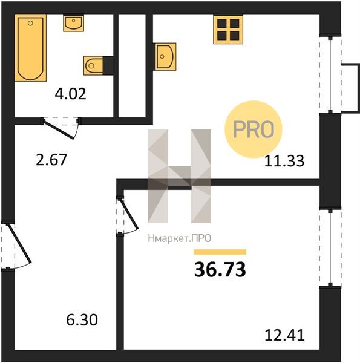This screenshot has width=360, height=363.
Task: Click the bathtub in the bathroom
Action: (x=31, y=48)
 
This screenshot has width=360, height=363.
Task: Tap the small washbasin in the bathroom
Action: (x=73, y=23)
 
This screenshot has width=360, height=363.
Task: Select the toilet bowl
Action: (x=93, y=66)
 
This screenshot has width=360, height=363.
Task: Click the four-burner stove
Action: (x=228, y=30)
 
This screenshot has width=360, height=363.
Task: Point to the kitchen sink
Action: (x=165, y=56)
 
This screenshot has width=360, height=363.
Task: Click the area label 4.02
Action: (x=70, y=94)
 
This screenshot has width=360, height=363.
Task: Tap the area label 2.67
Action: (x=51, y=160)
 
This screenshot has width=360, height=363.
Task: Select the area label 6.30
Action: (x=82, y=320)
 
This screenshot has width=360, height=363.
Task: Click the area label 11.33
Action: (x=284, y=161)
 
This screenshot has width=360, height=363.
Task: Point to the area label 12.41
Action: (x=284, y=335)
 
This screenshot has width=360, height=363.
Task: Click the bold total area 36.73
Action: (x=220, y=270)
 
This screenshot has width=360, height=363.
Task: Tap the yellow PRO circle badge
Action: (x=254, y=129)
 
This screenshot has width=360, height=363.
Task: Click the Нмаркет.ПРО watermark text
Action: (x=180, y=238)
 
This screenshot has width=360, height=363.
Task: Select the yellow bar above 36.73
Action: (x=220, y=252)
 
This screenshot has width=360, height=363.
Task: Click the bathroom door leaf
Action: (x=59, y=129)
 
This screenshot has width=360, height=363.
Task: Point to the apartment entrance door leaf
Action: (x=20, y=244)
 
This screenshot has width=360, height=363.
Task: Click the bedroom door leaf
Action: (x=128, y=215)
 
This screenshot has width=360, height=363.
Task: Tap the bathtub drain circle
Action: (x=30, y=23)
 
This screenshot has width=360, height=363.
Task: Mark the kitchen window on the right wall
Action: (x=330, y=74)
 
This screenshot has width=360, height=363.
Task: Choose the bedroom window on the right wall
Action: (x=330, y=247)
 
